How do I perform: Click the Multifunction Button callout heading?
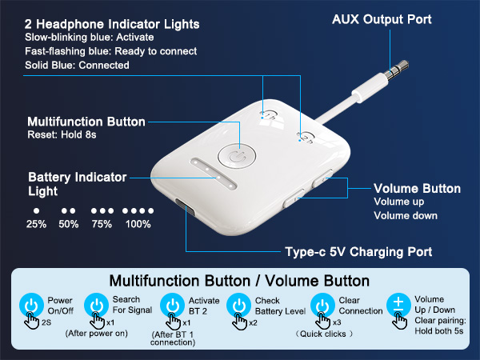click(86, 122)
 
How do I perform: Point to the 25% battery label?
click(35, 224)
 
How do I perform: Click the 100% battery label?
click(138, 224)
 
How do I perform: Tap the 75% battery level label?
click(102, 224)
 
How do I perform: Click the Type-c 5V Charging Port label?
click(358, 252)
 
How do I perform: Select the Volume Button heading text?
click(417, 189)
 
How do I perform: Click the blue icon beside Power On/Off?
click(31, 305)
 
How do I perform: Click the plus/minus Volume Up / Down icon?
click(398, 305)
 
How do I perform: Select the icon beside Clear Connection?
click(321, 305)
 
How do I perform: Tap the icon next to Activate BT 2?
click(170, 305)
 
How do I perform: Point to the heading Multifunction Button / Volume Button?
click(239, 281)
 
